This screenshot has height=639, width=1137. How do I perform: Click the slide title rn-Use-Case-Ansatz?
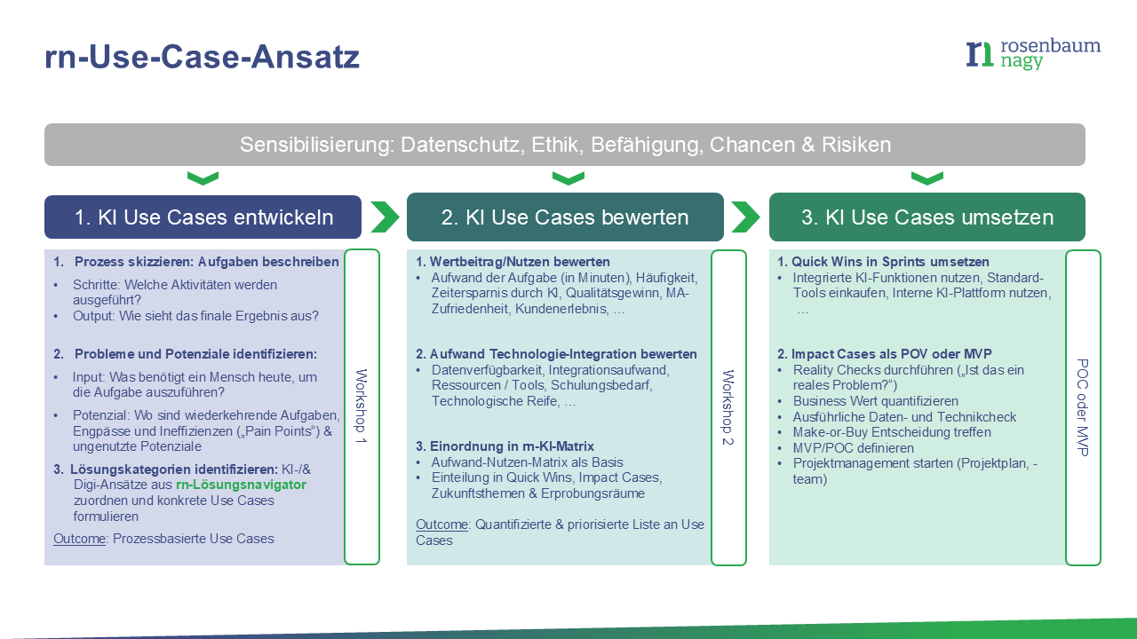[202, 57]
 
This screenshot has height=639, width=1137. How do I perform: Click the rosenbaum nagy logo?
[1032, 54]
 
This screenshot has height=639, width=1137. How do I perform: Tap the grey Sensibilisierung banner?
[565, 145]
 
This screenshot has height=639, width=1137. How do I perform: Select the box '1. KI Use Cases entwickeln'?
[203, 217]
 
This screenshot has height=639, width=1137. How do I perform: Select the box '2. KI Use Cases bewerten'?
[565, 217]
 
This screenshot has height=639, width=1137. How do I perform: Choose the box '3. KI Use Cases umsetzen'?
[926, 217]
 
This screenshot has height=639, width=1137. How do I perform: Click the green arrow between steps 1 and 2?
[385, 217]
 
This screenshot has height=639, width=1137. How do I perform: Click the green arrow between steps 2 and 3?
[746, 217]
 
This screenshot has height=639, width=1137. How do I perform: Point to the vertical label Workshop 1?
[361, 406]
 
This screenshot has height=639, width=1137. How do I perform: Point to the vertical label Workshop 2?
[728, 406]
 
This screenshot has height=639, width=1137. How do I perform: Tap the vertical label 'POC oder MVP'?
[1082, 406]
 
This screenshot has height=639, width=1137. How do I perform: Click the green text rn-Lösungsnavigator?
[241, 485]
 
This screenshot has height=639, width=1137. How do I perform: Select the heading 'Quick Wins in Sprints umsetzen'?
[889, 262]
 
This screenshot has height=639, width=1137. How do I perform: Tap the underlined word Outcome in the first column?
[79, 538]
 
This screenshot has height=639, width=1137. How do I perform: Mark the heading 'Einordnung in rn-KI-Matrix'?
[511, 446]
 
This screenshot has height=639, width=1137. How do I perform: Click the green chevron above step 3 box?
[926, 179]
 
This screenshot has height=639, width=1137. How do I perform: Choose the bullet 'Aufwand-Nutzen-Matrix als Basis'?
[527, 461]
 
